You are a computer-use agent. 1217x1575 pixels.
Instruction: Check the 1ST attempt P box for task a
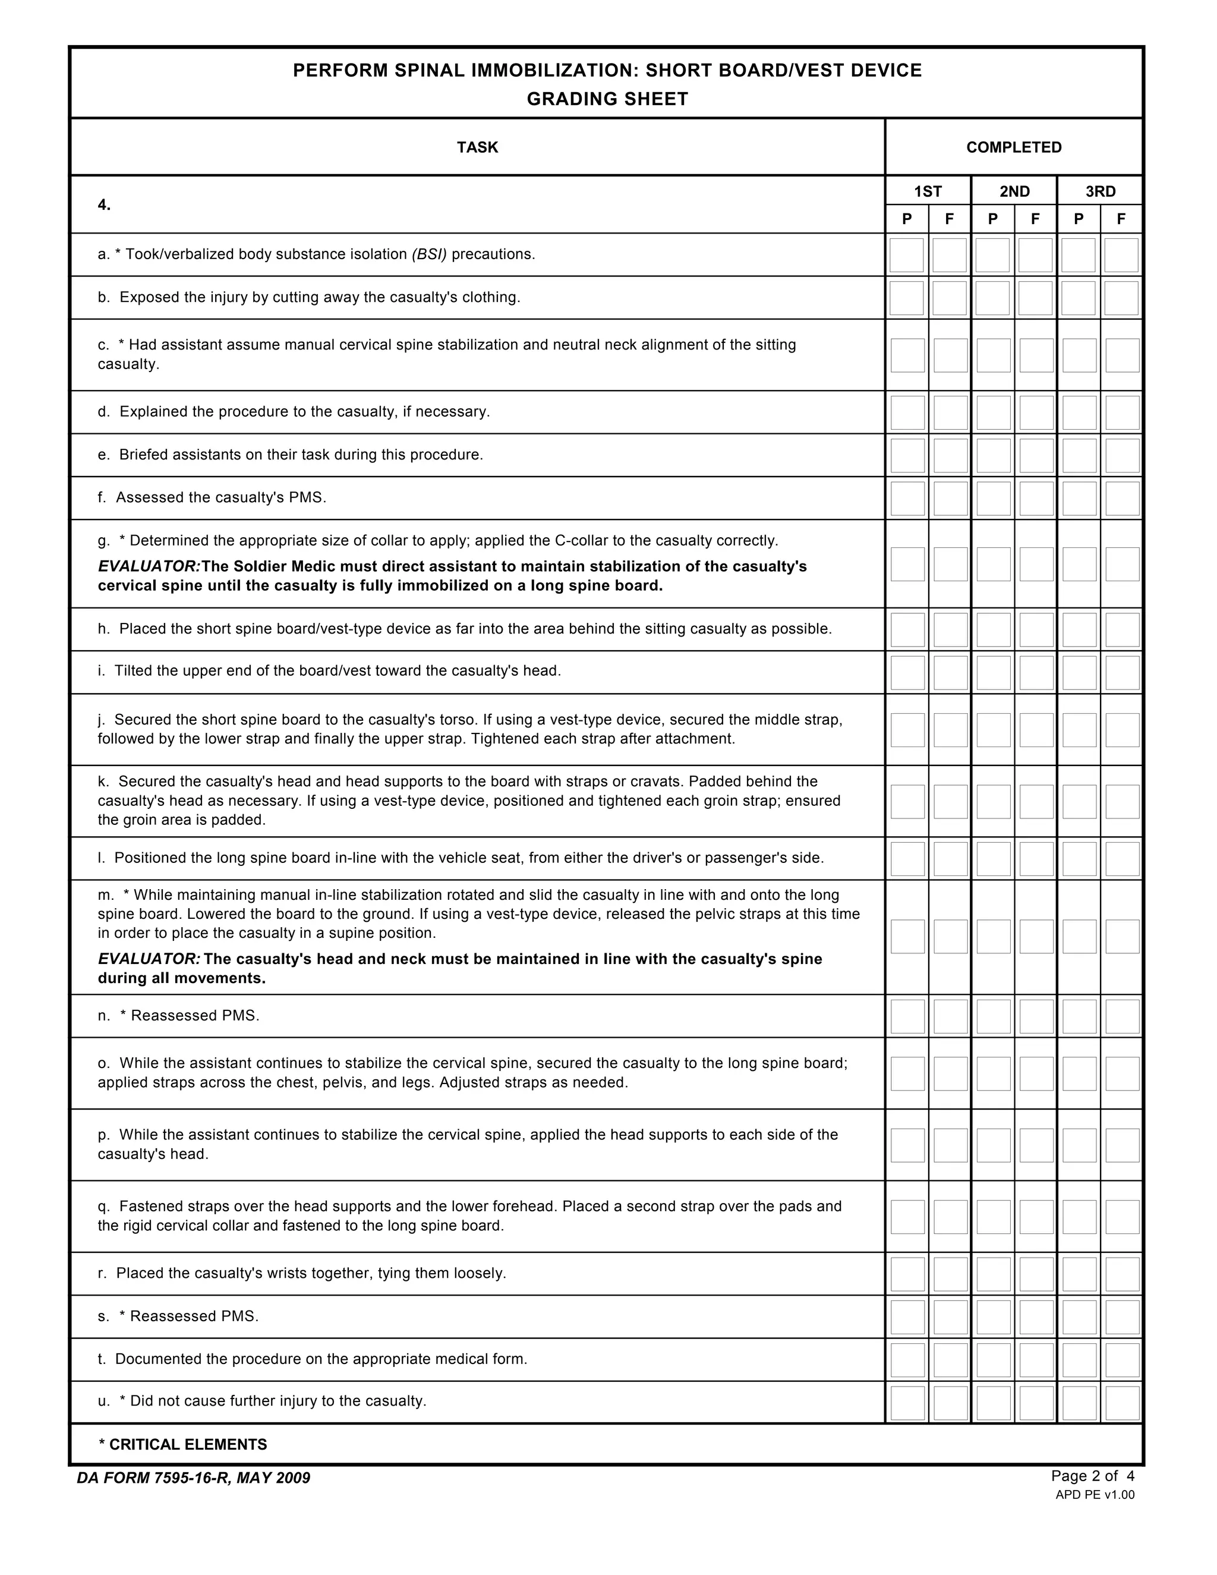(906, 256)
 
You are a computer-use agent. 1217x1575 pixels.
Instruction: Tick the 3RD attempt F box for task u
(1123, 1403)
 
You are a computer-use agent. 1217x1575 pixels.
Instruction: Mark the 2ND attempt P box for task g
(994, 564)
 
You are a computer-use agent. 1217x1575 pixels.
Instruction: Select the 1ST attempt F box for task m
(950, 936)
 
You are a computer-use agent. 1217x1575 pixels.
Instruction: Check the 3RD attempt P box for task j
(1079, 730)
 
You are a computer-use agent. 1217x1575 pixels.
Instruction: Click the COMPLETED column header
(1014, 147)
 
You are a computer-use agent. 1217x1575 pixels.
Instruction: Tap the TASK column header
(477, 147)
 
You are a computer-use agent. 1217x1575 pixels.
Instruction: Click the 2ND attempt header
(1014, 191)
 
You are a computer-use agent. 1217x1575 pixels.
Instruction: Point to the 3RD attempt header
(1100, 191)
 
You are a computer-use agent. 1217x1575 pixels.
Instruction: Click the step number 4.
(104, 205)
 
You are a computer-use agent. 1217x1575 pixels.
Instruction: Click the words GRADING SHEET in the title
(607, 99)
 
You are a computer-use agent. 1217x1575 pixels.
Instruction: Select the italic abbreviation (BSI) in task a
(429, 254)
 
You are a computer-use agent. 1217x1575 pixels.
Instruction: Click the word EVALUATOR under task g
(149, 566)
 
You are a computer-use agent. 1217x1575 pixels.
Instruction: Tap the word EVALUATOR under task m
(149, 959)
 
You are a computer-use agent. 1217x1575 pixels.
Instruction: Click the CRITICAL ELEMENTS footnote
(183, 1444)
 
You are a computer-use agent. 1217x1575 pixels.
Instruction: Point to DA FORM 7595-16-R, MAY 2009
(193, 1478)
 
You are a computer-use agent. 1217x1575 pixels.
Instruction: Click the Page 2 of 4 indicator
(1092, 1476)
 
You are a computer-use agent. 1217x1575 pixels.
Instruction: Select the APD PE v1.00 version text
(1095, 1494)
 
